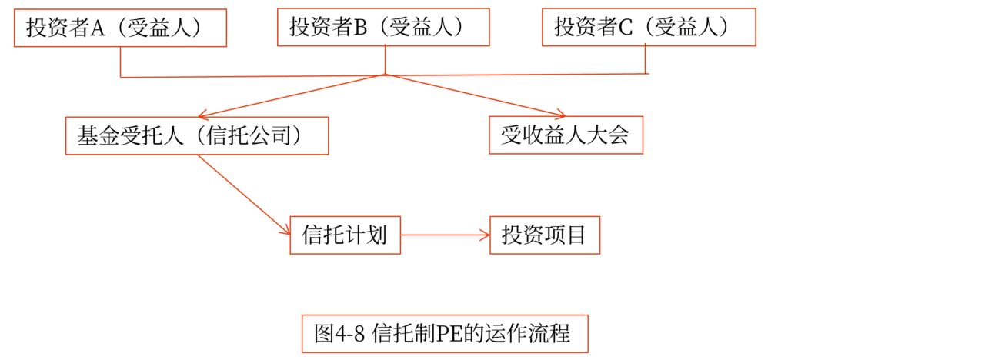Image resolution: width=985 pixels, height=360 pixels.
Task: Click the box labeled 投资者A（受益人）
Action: tap(120, 28)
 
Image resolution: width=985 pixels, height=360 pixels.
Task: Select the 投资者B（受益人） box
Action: tap(383, 28)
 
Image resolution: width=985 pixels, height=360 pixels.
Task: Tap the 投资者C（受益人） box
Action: tap(649, 28)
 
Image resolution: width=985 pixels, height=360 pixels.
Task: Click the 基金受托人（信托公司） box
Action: tap(197, 136)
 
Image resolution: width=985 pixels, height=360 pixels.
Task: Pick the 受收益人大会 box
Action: tap(566, 136)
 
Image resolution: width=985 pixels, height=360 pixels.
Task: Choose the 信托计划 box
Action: tap(345, 235)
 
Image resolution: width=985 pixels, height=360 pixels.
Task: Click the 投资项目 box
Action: tap(544, 235)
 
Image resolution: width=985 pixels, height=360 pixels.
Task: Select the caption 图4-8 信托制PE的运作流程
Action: tap(444, 334)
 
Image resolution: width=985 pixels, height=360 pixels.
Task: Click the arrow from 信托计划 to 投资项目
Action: tap(445, 235)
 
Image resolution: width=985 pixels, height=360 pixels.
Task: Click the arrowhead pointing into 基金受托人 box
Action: tap(204, 113)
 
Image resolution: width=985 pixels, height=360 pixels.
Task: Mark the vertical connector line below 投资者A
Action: tap(121, 62)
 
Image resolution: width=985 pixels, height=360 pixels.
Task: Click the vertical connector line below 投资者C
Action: tap(645, 60)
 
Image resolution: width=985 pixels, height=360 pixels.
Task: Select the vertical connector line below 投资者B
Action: tap(385, 60)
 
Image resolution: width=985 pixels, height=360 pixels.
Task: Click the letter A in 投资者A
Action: tap(98, 28)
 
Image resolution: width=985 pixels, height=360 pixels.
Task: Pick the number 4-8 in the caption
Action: tap(350, 334)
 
